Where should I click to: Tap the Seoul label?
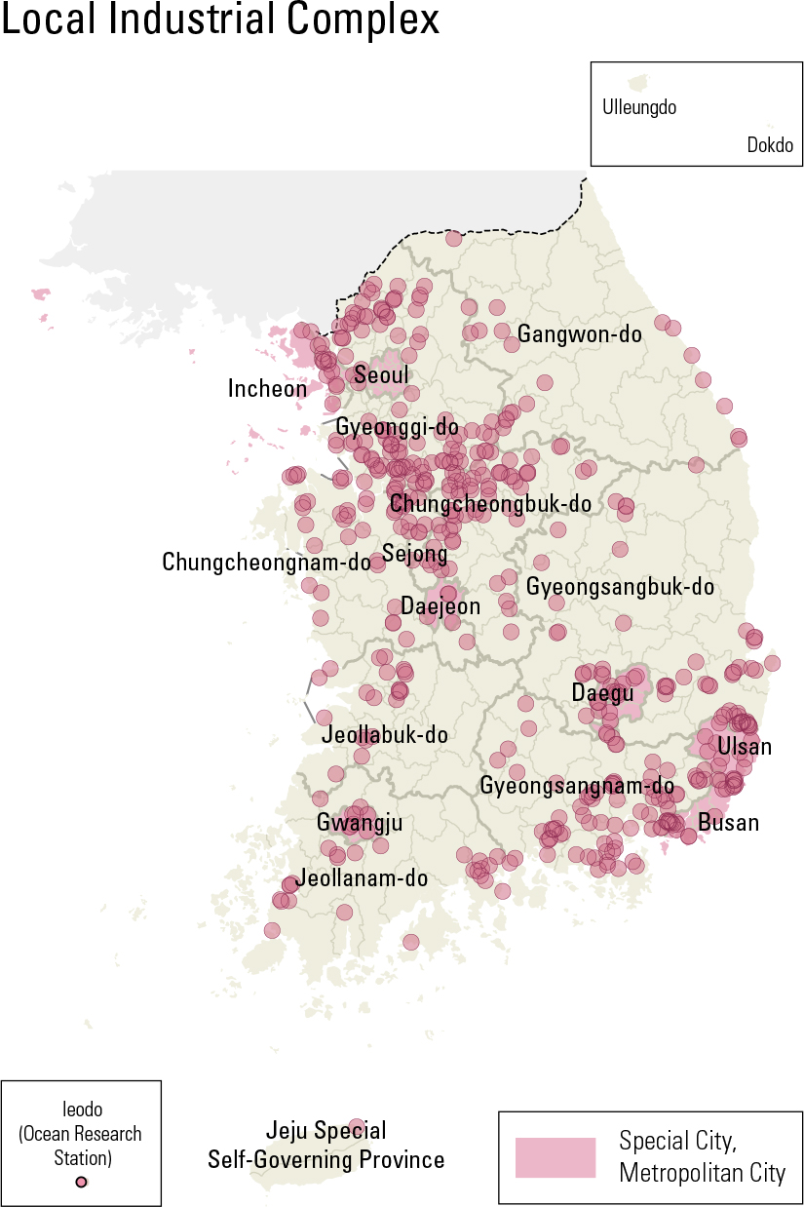click(x=381, y=375)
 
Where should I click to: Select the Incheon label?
click(x=267, y=389)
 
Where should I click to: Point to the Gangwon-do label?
click(x=580, y=334)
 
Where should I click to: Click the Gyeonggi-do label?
click(x=397, y=427)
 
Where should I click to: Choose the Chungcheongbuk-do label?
click(x=490, y=504)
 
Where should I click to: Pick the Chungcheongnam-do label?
click(x=266, y=563)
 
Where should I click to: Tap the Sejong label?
click(x=414, y=555)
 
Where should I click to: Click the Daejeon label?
click(x=440, y=606)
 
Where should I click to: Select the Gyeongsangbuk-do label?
click(x=620, y=587)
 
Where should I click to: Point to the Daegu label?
click(x=602, y=693)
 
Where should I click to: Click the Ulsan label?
click(x=745, y=747)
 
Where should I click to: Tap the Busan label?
click(x=728, y=822)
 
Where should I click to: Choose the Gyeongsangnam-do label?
click(x=577, y=786)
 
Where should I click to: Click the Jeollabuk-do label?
click(x=385, y=734)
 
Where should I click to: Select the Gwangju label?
click(x=359, y=823)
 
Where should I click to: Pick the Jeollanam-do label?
click(x=362, y=877)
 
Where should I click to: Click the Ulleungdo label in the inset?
click(x=639, y=107)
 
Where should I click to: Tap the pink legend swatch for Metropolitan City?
click(x=555, y=1157)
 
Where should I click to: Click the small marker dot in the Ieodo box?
click(x=81, y=1182)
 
